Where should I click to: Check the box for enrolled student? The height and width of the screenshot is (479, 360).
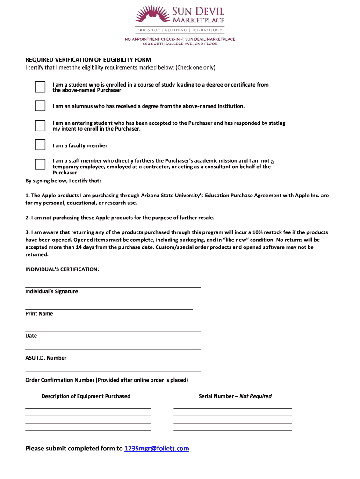[40, 87]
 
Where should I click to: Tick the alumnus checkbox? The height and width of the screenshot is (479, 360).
[40, 106]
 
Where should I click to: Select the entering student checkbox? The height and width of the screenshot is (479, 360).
[40, 125]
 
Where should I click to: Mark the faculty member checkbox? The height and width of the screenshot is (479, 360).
[40, 145]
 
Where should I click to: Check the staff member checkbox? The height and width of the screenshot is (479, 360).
[40, 164]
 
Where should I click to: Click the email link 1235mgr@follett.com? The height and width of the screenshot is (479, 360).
[157, 449]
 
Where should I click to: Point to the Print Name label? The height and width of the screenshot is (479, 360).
[39, 314]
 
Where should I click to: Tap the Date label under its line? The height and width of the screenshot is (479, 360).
[31, 336]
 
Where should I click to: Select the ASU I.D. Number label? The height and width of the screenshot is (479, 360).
[46, 358]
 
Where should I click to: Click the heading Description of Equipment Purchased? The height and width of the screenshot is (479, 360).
[86, 396]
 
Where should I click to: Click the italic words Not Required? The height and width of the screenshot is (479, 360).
[255, 396]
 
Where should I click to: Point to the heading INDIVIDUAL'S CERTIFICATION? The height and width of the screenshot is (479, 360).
[62, 269]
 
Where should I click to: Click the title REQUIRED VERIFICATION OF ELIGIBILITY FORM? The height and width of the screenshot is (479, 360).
[88, 60]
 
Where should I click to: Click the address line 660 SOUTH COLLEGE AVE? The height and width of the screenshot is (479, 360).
[180, 43]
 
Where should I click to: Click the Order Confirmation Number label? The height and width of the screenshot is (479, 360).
[107, 380]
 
